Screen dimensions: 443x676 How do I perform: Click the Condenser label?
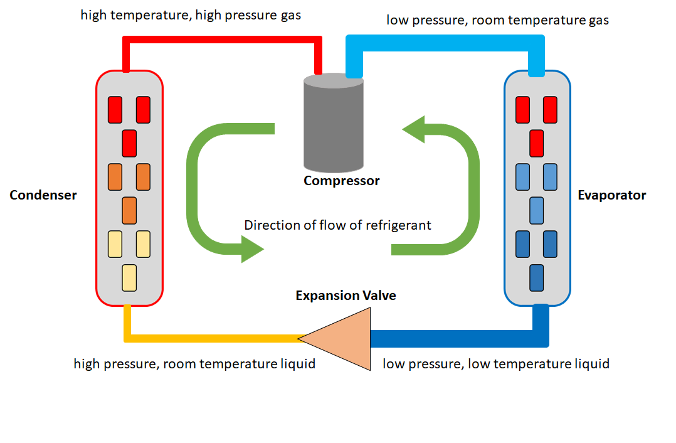click(43, 195)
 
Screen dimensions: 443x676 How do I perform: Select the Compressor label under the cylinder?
click(341, 181)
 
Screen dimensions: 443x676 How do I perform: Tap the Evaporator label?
click(611, 195)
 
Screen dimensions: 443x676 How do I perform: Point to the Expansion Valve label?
click(346, 295)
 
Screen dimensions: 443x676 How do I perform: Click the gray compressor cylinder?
click(333, 125)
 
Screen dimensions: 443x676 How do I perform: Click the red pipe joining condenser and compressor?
click(223, 40)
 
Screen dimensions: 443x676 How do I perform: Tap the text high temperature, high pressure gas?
click(191, 15)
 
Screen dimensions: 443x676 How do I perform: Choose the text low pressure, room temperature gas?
click(497, 20)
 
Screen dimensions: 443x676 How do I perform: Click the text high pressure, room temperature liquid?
click(194, 364)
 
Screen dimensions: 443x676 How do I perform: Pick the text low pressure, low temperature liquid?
click(496, 364)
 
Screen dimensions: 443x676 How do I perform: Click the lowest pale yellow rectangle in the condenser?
click(129, 278)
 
